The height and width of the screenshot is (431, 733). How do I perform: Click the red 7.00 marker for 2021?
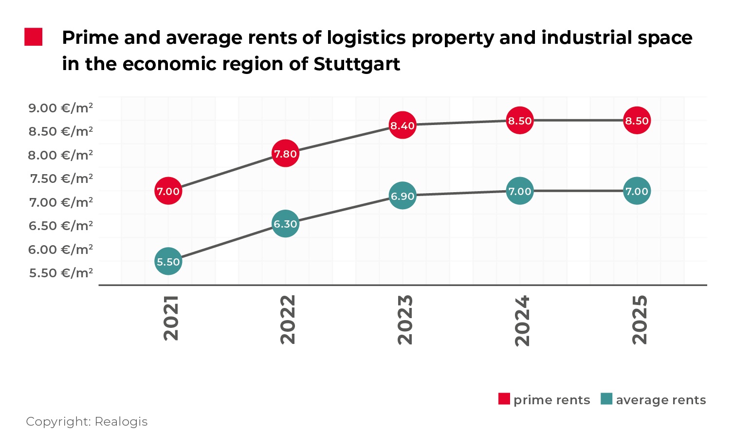pyautogui.click(x=168, y=191)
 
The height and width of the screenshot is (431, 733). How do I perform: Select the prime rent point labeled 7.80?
pyautogui.click(x=285, y=154)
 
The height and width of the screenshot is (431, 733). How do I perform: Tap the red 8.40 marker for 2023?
pyautogui.click(x=403, y=126)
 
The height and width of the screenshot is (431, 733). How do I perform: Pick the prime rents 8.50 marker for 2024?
pyautogui.click(x=520, y=121)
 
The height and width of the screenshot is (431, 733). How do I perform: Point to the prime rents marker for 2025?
pyautogui.click(x=637, y=121)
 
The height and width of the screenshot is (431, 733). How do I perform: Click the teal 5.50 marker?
pyautogui.click(x=168, y=262)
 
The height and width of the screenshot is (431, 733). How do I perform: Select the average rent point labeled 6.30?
pyautogui.click(x=285, y=224)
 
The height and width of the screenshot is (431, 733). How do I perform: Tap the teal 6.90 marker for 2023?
pyautogui.click(x=403, y=196)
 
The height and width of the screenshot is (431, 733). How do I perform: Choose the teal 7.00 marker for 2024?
pyautogui.click(x=520, y=191)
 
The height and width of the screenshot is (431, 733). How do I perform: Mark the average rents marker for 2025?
pyautogui.click(x=637, y=191)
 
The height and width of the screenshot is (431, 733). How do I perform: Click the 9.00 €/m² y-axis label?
pyautogui.click(x=61, y=108)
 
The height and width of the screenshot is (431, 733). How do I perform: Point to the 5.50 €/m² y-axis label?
pyautogui.click(x=61, y=273)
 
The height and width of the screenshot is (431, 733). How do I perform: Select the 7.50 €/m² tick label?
pyautogui.click(x=61, y=179)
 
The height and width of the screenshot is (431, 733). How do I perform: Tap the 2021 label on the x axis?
pyautogui.click(x=171, y=318)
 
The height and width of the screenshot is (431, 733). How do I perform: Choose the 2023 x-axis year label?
pyautogui.click(x=405, y=319)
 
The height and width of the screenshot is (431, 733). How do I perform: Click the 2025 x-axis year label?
pyautogui.click(x=640, y=319)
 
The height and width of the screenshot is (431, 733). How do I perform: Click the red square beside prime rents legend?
pyautogui.click(x=504, y=399)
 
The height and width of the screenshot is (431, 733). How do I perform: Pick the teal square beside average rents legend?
pyautogui.click(x=606, y=399)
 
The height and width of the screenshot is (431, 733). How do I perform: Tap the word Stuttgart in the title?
pyautogui.click(x=357, y=64)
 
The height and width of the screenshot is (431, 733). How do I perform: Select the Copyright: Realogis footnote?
pyautogui.click(x=87, y=421)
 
